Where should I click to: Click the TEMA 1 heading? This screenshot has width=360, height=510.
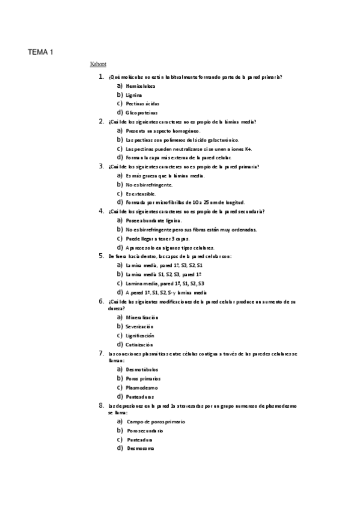coord(40,53)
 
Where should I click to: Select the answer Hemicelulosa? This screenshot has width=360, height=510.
coord(140,86)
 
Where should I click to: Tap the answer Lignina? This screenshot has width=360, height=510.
coord(134,95)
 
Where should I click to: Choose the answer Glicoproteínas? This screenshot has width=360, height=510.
coord(142,112)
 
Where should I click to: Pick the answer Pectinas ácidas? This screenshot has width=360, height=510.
coord(142,103)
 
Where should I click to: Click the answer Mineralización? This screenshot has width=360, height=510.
coord(142,317)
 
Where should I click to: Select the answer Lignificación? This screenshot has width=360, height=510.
coord(140,335)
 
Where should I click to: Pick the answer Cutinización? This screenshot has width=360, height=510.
coord(139,345)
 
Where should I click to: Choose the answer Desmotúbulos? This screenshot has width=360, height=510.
coord(142,369)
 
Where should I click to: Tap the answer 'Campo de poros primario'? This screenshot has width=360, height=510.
coord(156,422)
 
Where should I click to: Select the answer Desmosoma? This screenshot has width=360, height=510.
coord(141,448)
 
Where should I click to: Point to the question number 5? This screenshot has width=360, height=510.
coord(101,256)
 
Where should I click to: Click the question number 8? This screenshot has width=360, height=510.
coord(101,406)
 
